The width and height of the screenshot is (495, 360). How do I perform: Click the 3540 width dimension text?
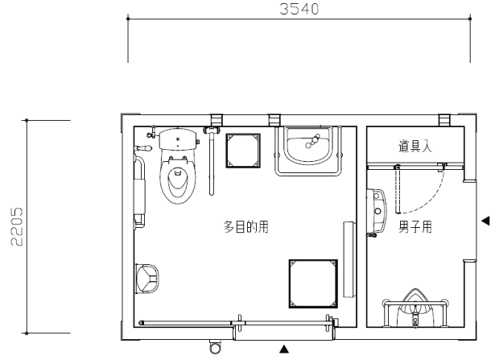(299, 9)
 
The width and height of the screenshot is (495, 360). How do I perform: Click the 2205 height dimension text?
(16, 226)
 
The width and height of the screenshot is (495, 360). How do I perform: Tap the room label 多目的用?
(246, 227)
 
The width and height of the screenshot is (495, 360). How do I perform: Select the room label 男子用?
(415, 226)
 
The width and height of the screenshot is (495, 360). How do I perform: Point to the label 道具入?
(415, 147)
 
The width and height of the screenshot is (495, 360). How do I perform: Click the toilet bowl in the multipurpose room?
(177, 180)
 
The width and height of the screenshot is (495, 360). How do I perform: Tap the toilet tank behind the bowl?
(179, 139)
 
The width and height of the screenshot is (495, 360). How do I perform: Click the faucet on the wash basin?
(312, 141)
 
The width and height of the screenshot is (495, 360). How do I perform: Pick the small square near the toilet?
(243, 151)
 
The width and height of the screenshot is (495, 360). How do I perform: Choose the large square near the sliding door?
(313, 283)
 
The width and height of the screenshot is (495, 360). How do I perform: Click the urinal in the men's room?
(415, 307)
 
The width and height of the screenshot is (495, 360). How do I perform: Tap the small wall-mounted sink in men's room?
(377, 210)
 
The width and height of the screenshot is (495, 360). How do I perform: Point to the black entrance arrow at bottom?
(284, 349)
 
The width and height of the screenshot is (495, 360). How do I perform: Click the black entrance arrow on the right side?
(485, 221)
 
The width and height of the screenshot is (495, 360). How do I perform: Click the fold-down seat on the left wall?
(147, 279)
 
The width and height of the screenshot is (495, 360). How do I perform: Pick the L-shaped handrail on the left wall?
(139, 192)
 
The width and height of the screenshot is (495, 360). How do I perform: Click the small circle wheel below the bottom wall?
(215, 348)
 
